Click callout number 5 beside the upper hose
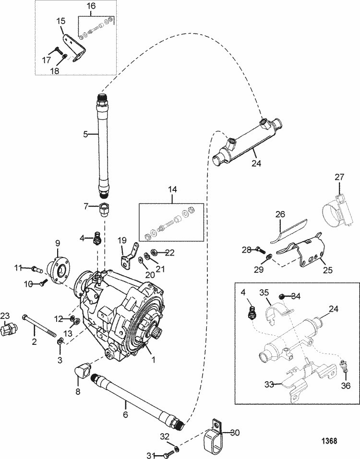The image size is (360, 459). pyautogui.click(x=86, y=135)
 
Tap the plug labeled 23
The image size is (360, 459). pyautogui.click(x=10, y=330)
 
